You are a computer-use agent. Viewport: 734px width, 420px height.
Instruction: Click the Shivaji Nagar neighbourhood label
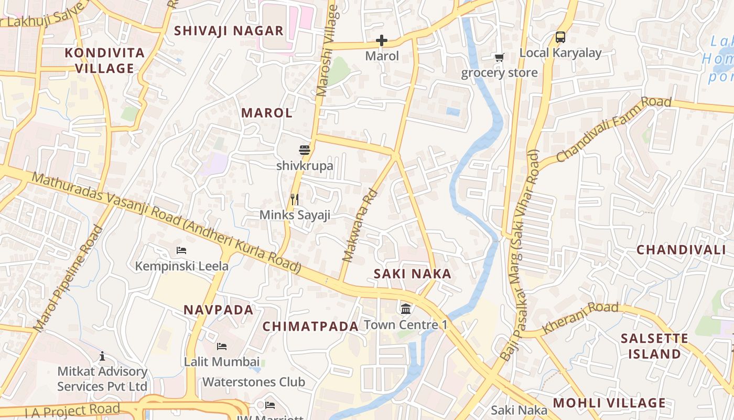click(x=229, y=30)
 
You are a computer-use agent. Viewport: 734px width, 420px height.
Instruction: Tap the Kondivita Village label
click(x=105, y=60)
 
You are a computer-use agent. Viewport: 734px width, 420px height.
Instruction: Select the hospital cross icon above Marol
click(x=382, y=40)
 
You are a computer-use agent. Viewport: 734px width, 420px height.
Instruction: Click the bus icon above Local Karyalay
click(x=560, y=37)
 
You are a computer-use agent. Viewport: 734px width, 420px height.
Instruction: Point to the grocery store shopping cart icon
click(x=499, y=57)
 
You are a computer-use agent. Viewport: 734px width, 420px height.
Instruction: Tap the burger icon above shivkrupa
click(x=305, y=150)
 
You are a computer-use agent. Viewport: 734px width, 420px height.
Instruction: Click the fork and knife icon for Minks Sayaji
click(x=295, y=199)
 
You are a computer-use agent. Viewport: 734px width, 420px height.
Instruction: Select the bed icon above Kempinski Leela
click(x=181, y=250)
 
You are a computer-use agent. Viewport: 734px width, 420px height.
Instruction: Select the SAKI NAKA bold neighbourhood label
click(x=412, y=274)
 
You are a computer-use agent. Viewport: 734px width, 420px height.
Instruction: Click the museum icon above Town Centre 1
click(x=405, y=309)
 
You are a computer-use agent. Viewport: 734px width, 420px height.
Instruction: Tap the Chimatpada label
click(x=310, y=327)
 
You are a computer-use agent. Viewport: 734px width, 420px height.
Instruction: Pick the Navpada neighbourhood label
click(x=219, y=310)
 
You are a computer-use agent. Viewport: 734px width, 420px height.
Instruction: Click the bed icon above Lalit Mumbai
click(x=222, y=346)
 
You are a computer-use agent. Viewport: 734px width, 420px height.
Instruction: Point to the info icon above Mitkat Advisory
click(x=102, y=356)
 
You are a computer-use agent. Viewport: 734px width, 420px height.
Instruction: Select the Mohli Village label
click(x=609, y=403)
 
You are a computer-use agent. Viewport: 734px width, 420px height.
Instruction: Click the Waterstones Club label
click(x=254, y=382)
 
